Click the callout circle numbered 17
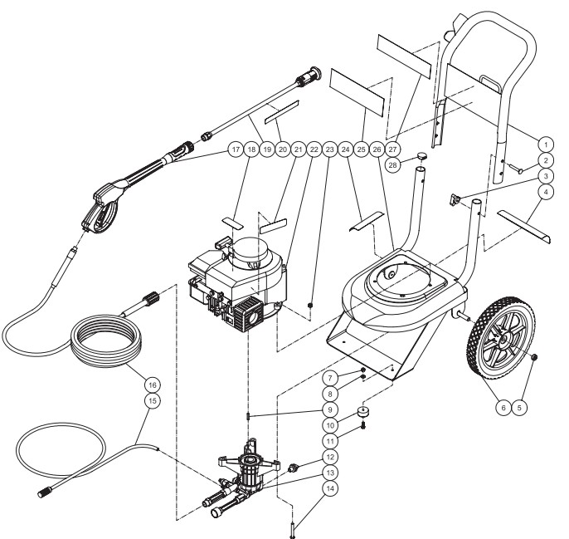(236, 149)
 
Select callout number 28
(393, 165)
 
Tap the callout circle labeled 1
(546, 145)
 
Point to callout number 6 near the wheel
(503, 408)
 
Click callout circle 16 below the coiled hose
(153, 385)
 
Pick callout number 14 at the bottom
(330, 489)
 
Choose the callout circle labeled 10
(330, 425)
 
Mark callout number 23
(330, 149)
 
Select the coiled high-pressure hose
(106, 341)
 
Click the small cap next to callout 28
(421, 156)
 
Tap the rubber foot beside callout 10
(363, 411)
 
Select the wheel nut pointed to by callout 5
(533, 357)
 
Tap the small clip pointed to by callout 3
(455, 199)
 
